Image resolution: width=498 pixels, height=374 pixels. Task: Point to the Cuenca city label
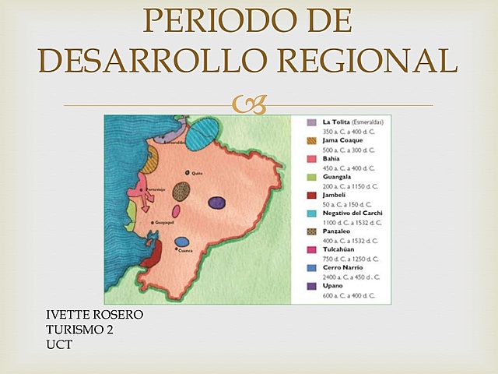click(186, 251)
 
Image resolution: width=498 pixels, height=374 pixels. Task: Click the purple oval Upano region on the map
click(217, 203)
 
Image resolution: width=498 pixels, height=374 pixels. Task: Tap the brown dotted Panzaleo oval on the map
click(182, 192)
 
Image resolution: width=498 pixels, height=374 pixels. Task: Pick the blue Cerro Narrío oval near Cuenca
click(182, 242)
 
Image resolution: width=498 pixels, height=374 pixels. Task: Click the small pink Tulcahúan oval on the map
click(176, 211)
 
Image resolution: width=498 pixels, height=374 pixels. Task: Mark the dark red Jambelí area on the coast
click(151, 254)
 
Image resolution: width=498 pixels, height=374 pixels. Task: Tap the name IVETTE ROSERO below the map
click(95, 315)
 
